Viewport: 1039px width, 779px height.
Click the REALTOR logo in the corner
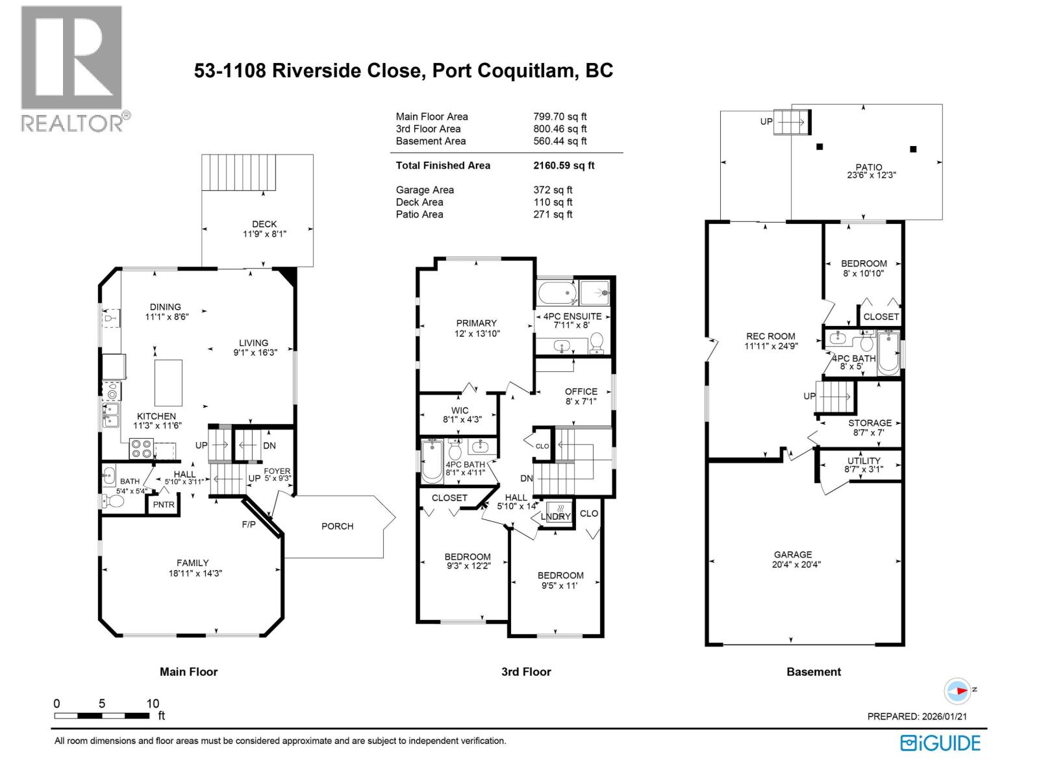point(72,68)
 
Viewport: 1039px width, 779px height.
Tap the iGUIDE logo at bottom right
point(940,743)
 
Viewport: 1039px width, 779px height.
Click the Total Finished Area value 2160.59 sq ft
point(564,166)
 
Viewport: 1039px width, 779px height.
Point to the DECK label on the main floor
point(264,224)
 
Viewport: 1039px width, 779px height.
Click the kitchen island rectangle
point(168,382)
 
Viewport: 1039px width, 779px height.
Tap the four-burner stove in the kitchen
point(142,448)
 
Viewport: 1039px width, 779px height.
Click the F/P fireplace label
point(249,524)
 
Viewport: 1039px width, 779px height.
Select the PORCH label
point(338,526)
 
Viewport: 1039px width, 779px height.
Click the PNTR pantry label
point(164,505)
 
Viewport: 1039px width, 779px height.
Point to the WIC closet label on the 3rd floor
point(460,410)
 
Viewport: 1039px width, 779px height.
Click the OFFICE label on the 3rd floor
point(581,391)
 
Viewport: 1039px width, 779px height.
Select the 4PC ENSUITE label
point(572,316)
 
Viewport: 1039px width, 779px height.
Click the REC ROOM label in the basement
point(770,336)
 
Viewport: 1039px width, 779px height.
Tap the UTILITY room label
point(864,460)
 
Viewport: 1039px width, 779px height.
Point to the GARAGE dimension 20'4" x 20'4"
point(792,564)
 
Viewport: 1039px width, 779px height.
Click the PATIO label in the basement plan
point(868,167)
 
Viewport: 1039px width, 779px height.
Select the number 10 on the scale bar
point(153,704)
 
